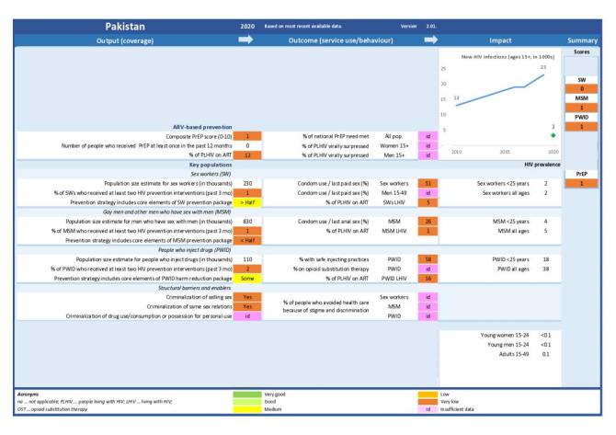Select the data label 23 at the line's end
[x=543, y=68]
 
